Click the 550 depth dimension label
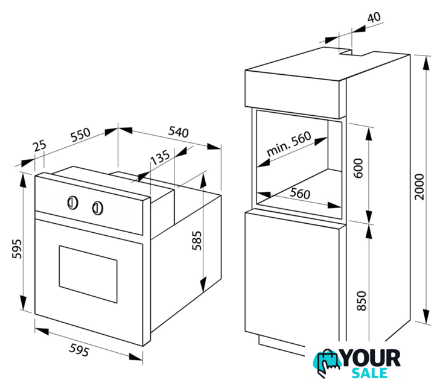tap(80, 134)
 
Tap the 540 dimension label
tap(179, 132)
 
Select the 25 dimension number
tap(39, 146)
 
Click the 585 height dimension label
tap(197, 241)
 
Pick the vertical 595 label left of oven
tap(17, 248)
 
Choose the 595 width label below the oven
tap(80, 350)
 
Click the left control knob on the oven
tap(72, 203)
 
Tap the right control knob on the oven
tap(97, 208)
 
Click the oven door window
tap(88, 274)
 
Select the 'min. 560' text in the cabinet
tap(288, 144)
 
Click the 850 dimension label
tap(362, 301)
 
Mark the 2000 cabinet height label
tap(419, 187)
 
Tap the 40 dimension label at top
tap(374, 17)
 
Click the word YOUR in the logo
tap(371, 358)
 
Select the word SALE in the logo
tap(369, 373)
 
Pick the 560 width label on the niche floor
tap(300, 193)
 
